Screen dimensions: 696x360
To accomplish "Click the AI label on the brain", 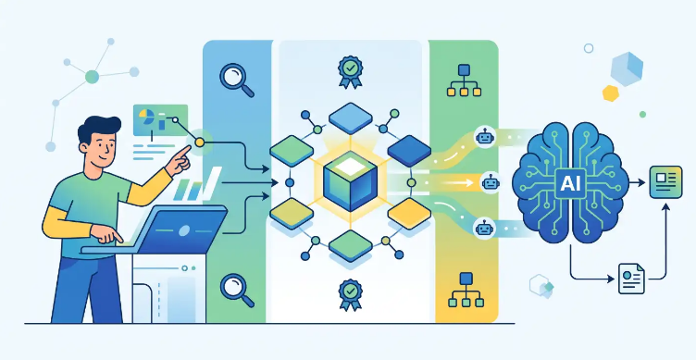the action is (570, 183).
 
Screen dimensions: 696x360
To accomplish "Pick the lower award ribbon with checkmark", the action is (350, 294).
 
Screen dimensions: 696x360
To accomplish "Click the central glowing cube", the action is (350, 180).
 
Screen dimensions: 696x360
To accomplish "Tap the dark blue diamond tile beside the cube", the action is (409, 151).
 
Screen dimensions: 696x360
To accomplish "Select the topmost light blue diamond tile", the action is (350, 118).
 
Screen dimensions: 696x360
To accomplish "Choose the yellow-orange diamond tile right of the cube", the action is (409, 214).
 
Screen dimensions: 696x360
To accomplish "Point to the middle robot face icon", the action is (490, 182).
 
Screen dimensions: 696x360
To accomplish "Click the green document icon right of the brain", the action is (665, 182).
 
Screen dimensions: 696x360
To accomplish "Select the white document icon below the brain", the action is (631, 279).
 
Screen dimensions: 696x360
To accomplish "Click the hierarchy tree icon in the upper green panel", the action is (464, 81).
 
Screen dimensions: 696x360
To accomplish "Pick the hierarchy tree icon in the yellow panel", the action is (466, 291).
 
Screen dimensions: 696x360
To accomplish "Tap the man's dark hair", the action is (98, 128).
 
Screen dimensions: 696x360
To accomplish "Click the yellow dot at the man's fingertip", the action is (200, 142).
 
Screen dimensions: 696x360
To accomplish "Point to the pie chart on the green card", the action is (146, 116).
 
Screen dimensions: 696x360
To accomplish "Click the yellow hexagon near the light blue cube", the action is (611, 93).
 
